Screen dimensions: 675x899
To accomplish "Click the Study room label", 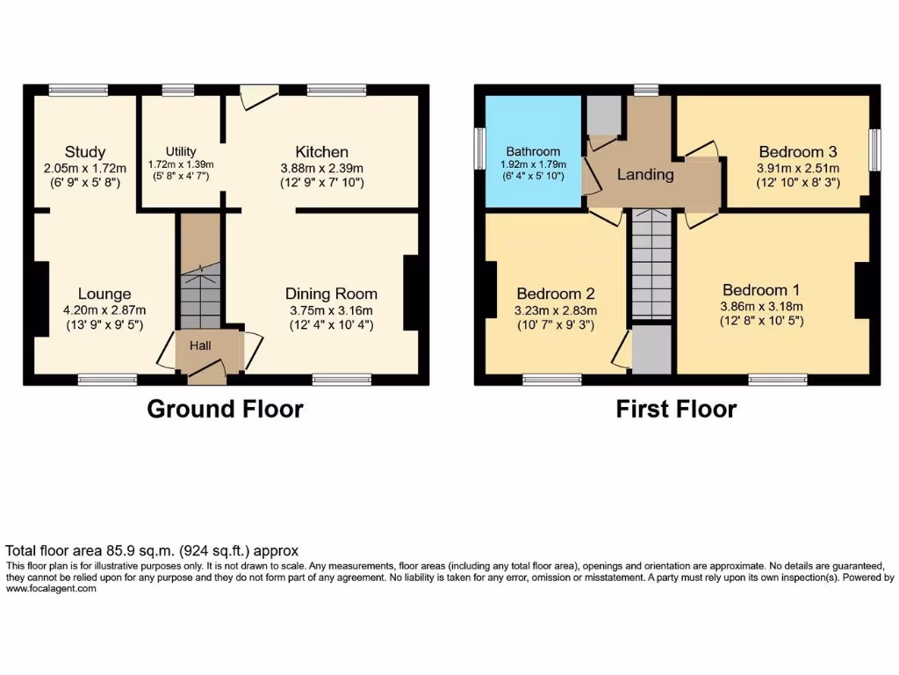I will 85,152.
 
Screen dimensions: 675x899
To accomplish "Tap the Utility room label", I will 182,151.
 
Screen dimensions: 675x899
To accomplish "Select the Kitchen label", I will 321,152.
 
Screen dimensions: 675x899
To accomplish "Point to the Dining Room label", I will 331,294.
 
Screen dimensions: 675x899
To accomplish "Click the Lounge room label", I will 104,294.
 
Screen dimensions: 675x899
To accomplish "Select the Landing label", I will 645,174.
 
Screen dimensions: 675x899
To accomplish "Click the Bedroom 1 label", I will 761,290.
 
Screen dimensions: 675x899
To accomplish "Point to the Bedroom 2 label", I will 556,294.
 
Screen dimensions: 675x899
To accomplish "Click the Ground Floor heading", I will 225,409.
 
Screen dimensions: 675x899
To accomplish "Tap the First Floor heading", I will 676,409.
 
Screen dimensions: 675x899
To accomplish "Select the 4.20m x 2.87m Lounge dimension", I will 104,309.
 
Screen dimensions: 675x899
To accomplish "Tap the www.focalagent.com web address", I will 51,589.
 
